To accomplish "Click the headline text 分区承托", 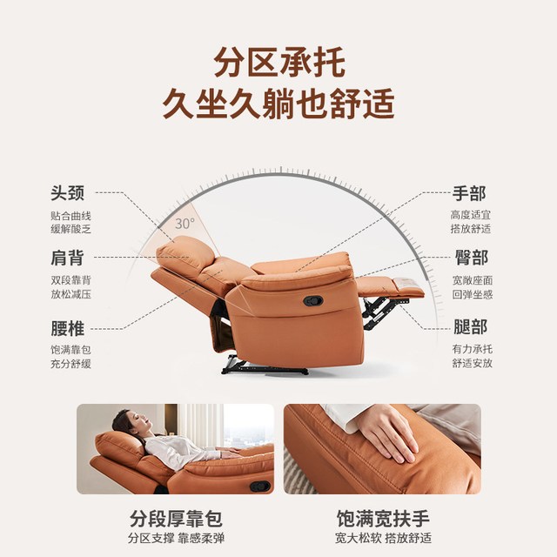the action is pos(279,62).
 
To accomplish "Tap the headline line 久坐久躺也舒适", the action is pos(278,104).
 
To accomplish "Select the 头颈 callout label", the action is pos(68,193).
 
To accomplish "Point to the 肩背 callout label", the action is pos(68,258).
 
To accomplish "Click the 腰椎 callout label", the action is pos(68,328).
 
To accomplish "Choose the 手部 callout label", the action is pos(469,193).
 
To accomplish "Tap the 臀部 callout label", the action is pos(472,258).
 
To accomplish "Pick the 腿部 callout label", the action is pos(470,327).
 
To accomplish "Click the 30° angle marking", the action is pos(185,224).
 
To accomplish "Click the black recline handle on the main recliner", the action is pos(313,301).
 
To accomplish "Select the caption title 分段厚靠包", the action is pos(176,519).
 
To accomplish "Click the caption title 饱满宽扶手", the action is pos(383,519).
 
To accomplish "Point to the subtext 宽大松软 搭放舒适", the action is pos(383,538).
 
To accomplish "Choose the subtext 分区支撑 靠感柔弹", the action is pos(176,538).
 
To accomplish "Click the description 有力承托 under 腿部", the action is pos(472,349).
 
